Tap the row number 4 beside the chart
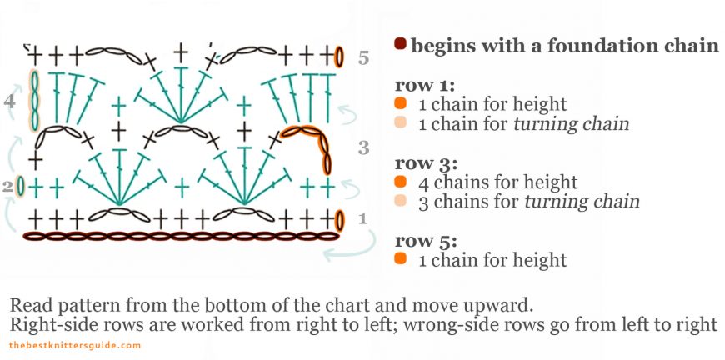9,102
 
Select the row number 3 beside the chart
363,148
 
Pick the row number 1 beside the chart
362,219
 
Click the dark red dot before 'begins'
401,44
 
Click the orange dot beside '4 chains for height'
401,182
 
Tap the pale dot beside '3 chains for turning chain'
401,201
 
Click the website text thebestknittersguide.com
75,345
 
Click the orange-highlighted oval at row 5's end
339,57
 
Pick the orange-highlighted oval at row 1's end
339,220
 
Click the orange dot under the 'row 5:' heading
401,260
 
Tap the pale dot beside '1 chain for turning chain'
401,123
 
